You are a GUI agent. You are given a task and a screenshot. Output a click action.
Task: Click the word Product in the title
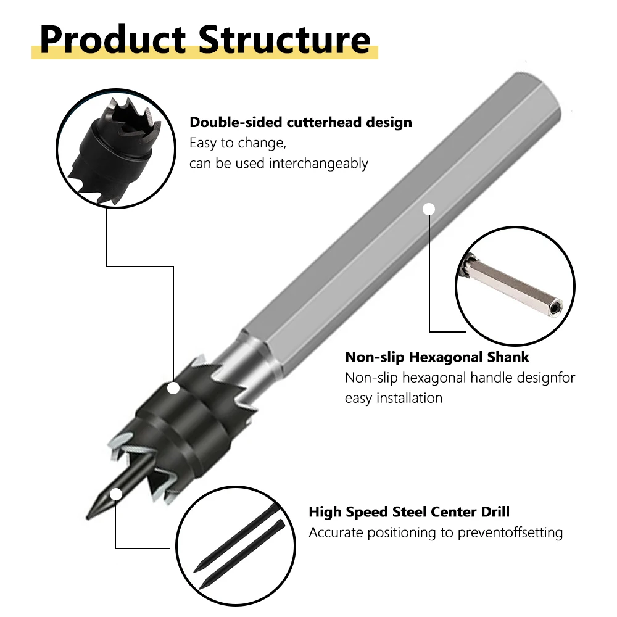tap(112, 39)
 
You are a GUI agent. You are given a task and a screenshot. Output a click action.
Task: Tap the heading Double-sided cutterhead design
tap(300, 122)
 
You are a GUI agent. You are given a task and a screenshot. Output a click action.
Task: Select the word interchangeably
tap(318, 164)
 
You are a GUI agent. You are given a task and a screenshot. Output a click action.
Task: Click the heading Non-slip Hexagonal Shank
tap(437, 357)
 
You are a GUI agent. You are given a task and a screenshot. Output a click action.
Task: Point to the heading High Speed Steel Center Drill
tap(409, 512)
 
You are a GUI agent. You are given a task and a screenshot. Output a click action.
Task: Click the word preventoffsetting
tap(510, 533)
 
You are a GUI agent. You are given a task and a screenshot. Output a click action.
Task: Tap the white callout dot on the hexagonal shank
tap(429, 209)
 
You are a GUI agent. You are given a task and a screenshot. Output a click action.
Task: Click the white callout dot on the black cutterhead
tap(173, 388)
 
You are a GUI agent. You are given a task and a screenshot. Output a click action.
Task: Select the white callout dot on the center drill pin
tap(116, 494)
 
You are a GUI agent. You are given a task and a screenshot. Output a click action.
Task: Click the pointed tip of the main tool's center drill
tap(88, 519)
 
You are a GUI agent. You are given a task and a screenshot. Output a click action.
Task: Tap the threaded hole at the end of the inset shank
tap(555, 307)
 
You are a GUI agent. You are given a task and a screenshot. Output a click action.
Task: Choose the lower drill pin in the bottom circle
tap(241, 555)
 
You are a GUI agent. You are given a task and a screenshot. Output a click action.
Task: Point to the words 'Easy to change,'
tap(238, 143)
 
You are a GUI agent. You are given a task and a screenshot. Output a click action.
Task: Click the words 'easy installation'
tap(394, 398)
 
